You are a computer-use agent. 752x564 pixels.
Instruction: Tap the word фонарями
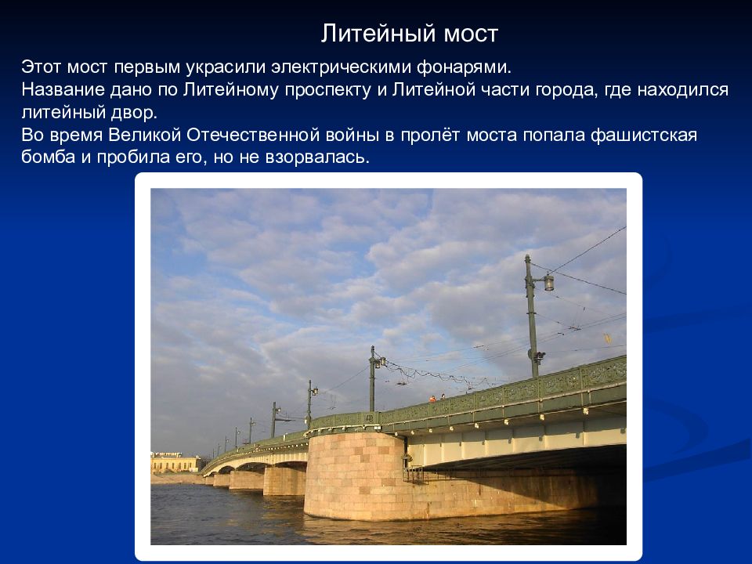pyautogui.click(x=464, y=67)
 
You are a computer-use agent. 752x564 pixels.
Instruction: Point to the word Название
pyautogui.click(x=63, y=89)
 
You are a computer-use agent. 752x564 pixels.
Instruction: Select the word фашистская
pyautogui.click(x=644, y=136)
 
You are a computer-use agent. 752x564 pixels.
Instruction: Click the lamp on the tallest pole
pyautogui.click(x=548, y=283)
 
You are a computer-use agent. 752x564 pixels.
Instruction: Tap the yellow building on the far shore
pyautogui.click(x=175, y=463)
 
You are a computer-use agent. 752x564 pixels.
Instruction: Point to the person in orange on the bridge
pyautogui.click(x=432, y=399)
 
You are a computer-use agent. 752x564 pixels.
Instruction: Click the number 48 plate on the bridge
pyautogui.click(x=369, y=418)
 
